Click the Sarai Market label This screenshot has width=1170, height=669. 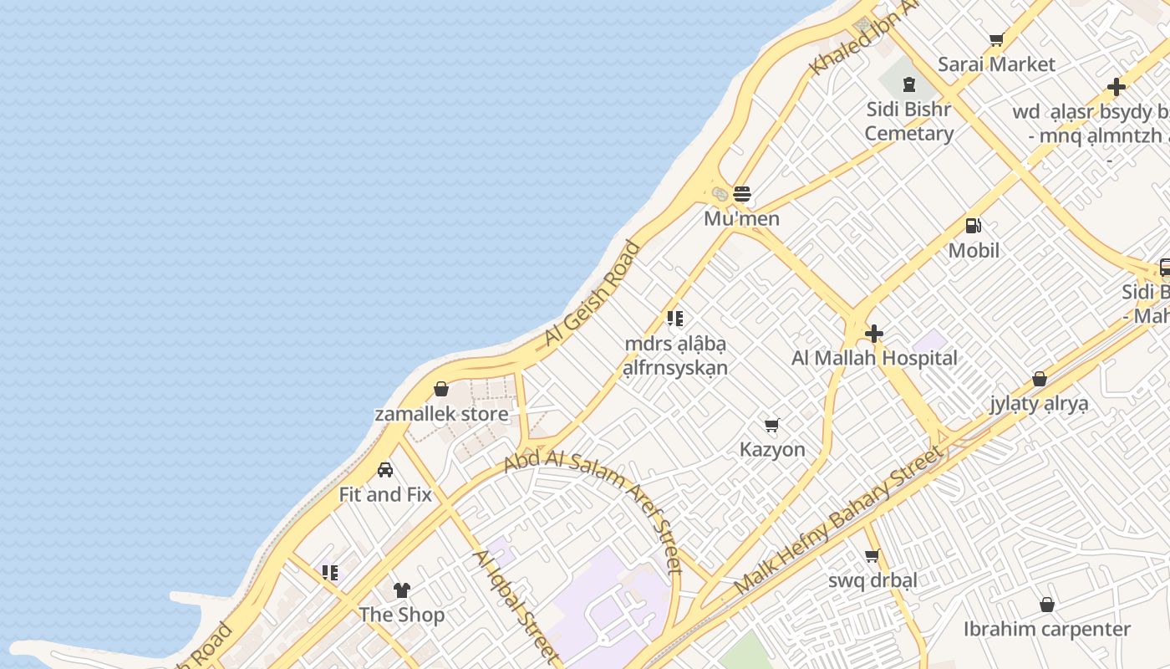(996, 64)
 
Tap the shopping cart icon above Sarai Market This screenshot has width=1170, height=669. (996, 39)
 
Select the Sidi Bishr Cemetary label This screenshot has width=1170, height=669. (908, 121)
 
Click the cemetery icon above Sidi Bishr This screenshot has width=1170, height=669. (909, 84)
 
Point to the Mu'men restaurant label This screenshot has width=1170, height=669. (741, 219)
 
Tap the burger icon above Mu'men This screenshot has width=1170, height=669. (742, 194)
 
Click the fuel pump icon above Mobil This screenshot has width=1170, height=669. (973, 225)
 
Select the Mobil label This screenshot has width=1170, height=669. (974, 250)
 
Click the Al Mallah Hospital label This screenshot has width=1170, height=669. (874, 359)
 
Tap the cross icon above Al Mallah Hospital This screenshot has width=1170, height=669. (874, 334)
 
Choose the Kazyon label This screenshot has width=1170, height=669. (772, 450)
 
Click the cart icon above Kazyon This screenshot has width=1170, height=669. (772, 425)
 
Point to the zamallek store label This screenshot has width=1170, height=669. (441, 414)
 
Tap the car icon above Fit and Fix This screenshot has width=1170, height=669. (385, 469)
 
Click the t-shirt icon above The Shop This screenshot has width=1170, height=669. (402, 590)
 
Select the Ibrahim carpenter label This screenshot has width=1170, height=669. (1046, 629)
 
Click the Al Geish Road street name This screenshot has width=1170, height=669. (592, 294)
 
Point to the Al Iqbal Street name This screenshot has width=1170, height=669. (515, 604)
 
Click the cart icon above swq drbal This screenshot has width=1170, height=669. (872, 555)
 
